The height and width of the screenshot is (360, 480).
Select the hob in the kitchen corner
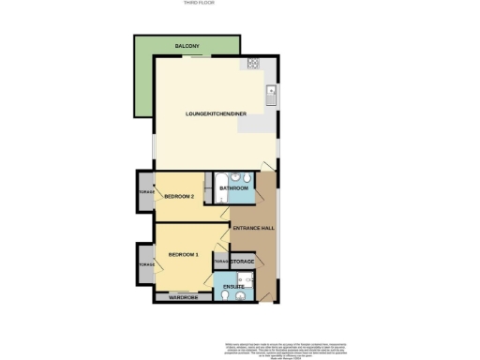coord(253,64)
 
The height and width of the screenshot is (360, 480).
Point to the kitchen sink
coord(270,92)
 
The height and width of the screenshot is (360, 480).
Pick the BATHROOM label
coord(232,188)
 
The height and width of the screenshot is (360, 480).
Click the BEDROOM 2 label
coord(179,197)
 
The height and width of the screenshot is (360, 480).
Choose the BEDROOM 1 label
coord(183,255)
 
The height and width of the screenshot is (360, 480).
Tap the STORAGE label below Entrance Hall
coord(243,261)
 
